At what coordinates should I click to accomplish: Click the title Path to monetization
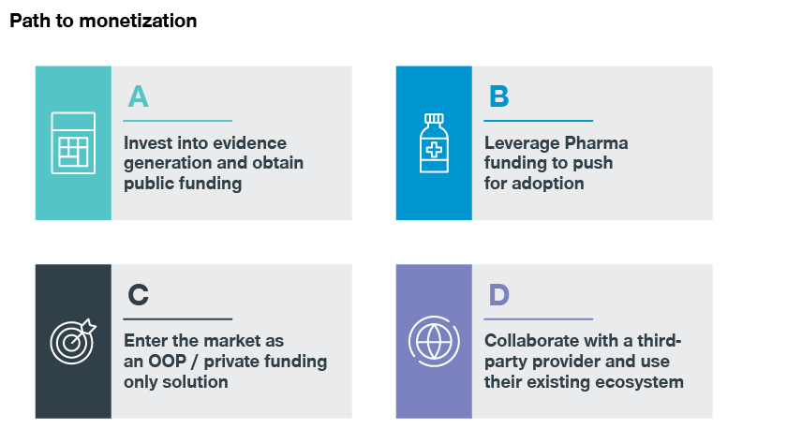[103, 21]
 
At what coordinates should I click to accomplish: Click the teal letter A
[138, 96]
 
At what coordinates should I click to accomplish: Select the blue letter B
[498, 96]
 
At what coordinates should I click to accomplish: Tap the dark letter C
[138, 294]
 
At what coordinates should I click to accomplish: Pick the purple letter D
[498, 294]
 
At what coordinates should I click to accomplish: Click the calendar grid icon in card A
[73, 143]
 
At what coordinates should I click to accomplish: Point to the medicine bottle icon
[434, 143]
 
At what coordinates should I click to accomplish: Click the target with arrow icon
[73, 342]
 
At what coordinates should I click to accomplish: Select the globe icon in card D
[434, 342]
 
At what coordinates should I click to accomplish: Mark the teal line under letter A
[178, 121]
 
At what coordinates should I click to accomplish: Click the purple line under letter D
[539, 319]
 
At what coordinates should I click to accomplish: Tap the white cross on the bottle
[434, 150]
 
